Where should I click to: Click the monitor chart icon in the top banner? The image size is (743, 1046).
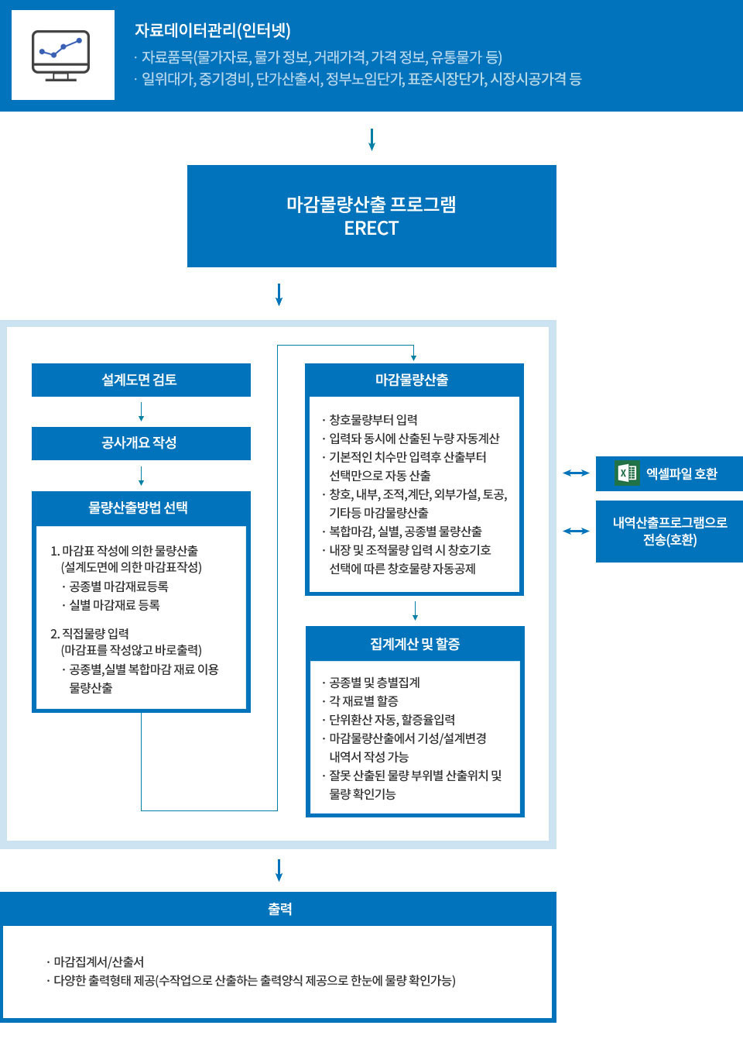[x=61, y=55]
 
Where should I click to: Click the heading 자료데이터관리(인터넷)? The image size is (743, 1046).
[x=212, y=31]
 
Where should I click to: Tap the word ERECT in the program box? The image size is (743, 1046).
[x=371, y=229]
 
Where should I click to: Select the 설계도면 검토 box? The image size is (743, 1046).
[x=140, y=380]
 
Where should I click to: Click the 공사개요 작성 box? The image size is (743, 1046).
[x=140, y=443]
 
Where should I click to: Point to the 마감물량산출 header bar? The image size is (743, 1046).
[x=413, y=380]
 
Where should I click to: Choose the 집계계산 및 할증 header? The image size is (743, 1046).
[x=415, y=644]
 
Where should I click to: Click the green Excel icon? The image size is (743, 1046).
[x=627, y=473]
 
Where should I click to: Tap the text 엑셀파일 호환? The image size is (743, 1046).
[x=682, y=473]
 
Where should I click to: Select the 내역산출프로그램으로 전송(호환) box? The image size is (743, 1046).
[x=669, y=532]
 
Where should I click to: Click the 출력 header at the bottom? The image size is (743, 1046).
[x=279, y=909]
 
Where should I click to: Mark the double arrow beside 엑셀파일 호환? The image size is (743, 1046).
[x=576, y=473]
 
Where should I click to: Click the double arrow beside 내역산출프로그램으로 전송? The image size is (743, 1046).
[x=576, y=531]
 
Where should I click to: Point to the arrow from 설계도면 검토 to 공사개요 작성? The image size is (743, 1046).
[x=141, y=412]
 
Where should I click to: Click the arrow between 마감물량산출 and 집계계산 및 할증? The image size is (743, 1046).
[x=416, y=611]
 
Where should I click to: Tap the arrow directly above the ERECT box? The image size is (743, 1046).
[x=371, y=139]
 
